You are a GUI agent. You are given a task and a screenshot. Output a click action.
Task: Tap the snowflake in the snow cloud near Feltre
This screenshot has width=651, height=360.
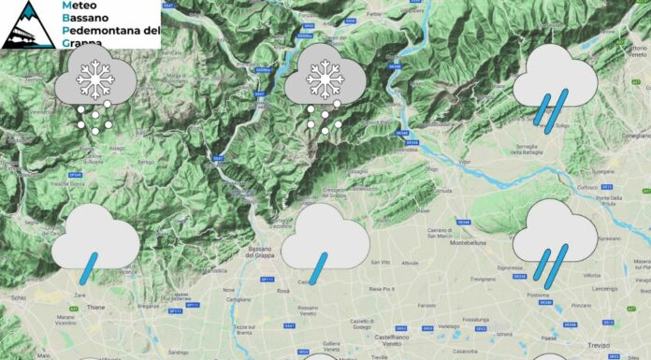pos(324,81)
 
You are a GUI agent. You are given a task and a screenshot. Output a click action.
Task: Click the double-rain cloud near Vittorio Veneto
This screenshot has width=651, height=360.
pos(555,89)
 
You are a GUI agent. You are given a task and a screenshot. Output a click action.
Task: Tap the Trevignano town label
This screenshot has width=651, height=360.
pos(484,280)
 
